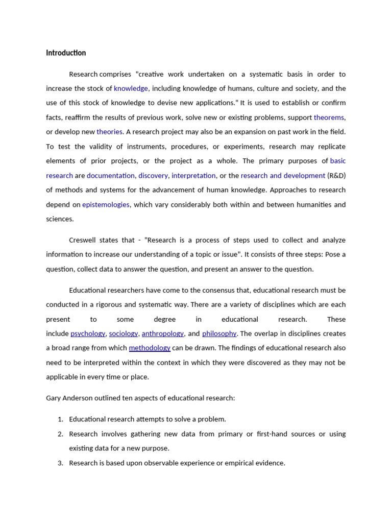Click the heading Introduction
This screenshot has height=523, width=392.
[x=66, y=53]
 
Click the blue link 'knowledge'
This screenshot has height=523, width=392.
[x=131, y=88]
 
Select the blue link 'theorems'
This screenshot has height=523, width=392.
[x=329, y=117]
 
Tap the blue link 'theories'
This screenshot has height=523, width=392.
[x=109, y=132]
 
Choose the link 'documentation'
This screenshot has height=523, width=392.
[x=111, y=176]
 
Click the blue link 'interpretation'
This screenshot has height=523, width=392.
[x=193, y=176]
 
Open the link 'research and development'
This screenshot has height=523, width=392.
[x=283, y=176]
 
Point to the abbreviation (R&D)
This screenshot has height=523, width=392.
[x=336, y=176]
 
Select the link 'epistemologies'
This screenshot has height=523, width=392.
[x=106, y=205]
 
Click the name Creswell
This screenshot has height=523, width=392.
[x=84, y=240]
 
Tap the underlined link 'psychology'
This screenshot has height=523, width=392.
[x=88, y=334]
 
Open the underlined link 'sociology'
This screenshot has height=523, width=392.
[x=124, y=334]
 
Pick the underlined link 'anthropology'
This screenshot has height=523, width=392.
[x=163, y=334]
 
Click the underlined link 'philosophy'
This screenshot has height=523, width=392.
[x=219, y=334]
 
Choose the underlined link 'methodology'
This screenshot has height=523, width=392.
[x=150, y=348]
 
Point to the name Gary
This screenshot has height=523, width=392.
[x=54, y=398]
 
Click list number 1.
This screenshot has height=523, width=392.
[x=60, y=419]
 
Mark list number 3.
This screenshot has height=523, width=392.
[x=60, y=463]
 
